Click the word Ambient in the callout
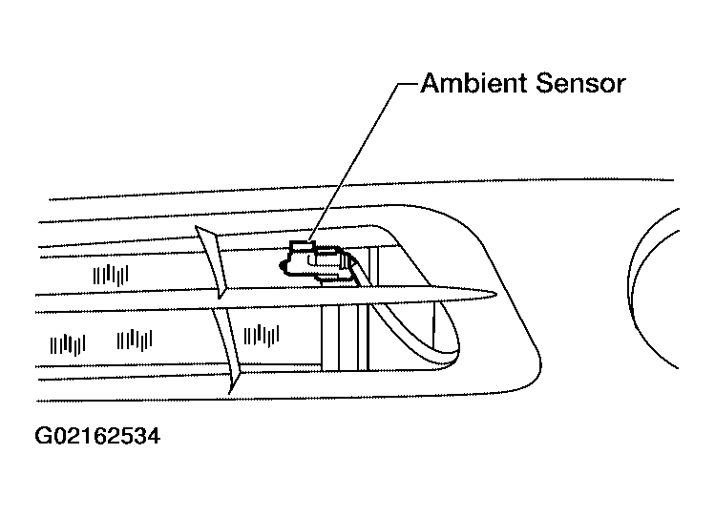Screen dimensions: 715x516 [474, 83]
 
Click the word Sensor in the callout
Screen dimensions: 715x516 [580, 83]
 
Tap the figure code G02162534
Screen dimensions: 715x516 [97, 436]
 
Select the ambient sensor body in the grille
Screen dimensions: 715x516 [319, 263]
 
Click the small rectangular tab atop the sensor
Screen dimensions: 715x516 [303, 246]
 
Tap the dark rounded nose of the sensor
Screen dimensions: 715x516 [284, 266]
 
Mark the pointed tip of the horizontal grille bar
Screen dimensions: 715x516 [496, 295]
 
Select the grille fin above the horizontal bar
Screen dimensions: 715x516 [212, 261]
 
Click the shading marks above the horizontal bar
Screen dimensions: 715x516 [111, 275]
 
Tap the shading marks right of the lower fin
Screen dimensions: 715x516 [262, 336]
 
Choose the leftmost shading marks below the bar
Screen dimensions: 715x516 [68, 344]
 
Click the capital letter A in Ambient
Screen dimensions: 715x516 [431, 83]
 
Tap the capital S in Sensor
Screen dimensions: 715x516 [545, 83]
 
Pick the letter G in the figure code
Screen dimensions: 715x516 [43, 436]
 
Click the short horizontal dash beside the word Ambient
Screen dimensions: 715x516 [409, 84]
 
